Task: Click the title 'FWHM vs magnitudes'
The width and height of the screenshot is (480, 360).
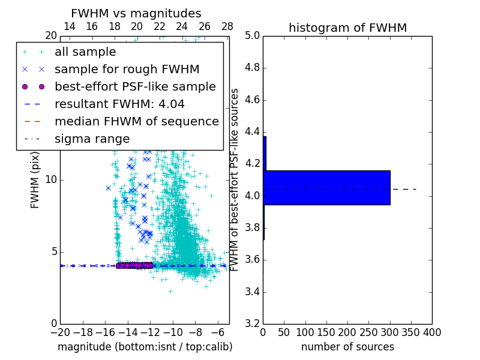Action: (x=136, y=13)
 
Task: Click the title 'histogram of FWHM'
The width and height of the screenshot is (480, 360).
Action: (x=347, y=28)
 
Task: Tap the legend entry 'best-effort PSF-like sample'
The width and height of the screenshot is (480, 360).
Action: (x=135, y=86)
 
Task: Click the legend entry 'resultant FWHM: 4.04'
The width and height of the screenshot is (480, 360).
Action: (x=119, y=104)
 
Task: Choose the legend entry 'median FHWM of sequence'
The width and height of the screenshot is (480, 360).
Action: (x=136, y=121)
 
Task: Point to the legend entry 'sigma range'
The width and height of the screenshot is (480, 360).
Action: (x=92, y=139)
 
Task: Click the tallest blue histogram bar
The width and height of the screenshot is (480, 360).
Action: (x=326, y=188)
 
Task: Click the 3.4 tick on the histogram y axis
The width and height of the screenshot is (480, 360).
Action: (x=252, y=292)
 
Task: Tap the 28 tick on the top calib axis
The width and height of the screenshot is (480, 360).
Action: (x=227, y=26)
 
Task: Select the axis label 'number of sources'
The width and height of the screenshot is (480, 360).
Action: (x=347, y=347)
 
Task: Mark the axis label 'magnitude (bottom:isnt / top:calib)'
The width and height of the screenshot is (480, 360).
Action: (x=145, y=347)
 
